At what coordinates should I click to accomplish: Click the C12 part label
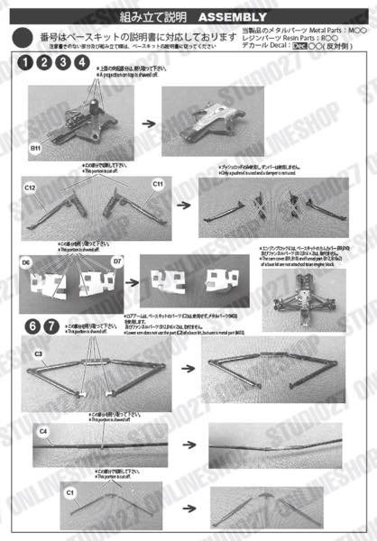30,187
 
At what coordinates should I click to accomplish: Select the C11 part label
158,184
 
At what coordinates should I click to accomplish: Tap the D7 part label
117,261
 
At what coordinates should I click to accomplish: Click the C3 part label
39,354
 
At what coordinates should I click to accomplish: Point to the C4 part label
42,432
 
